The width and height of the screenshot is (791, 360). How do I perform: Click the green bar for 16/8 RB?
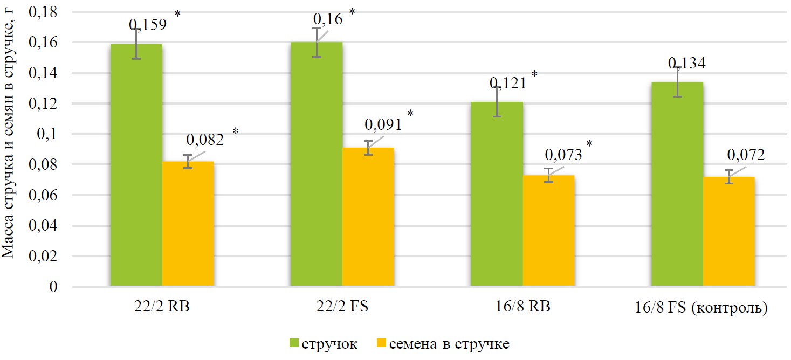[497, 193]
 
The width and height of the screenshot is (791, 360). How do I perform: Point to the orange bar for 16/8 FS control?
[728, 231]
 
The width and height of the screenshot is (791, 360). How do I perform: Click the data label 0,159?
[147, 25]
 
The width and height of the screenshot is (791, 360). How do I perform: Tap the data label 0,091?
[383, 125]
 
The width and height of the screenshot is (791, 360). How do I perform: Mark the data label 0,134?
[687, 64]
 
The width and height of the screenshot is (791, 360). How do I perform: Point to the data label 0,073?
[563, 155]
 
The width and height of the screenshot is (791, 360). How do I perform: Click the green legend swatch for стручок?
[294, 343]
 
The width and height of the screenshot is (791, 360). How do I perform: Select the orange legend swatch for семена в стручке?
[381, 343]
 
